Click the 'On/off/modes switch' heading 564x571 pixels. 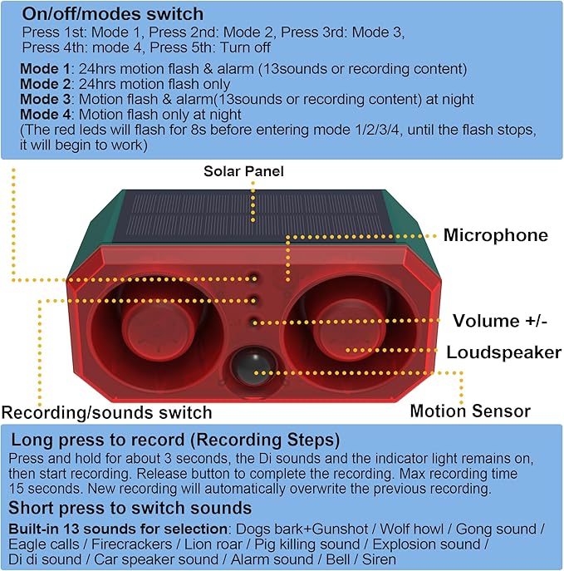[x=113, y=15]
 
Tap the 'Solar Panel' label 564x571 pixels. [x=243, y=171]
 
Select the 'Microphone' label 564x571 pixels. [x=496, y=235]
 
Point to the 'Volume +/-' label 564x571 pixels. [x=500, y=321]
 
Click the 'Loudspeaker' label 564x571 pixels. [x=504, y=352]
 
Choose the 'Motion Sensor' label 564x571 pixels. [x=470, y=411]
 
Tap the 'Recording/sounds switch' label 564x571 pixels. [x=106, y=413]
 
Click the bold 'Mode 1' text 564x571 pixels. [x=45, y=69]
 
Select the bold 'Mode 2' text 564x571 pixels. [x=45, y=84]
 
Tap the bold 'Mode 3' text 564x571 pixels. [x=45, y=100]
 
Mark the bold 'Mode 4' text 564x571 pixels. [x=45, y=115]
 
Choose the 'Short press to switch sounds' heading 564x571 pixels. [x=130, y=508]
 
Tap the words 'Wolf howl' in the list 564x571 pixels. [x=411, y=529]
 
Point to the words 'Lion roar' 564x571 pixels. [x=213, y=544]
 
